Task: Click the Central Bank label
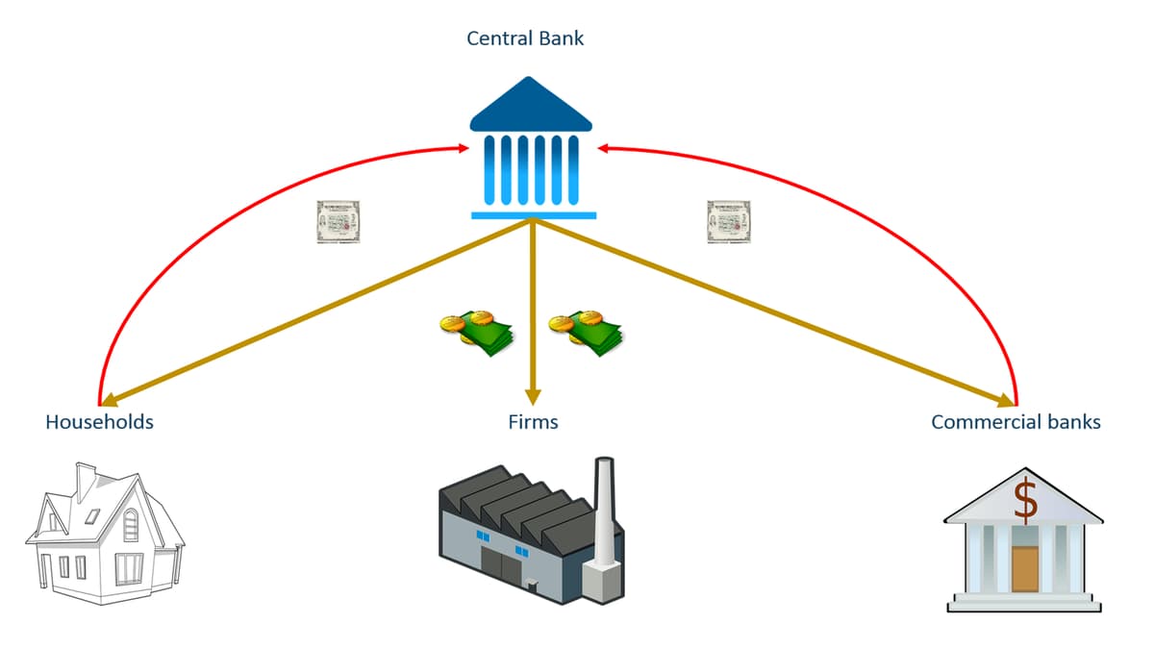525,39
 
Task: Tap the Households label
99,422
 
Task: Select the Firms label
533,422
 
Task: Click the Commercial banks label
1016,422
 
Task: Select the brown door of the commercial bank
1025,568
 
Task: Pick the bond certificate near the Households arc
338,222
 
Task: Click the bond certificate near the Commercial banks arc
728,222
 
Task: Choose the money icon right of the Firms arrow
585,332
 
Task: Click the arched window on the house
131,525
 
